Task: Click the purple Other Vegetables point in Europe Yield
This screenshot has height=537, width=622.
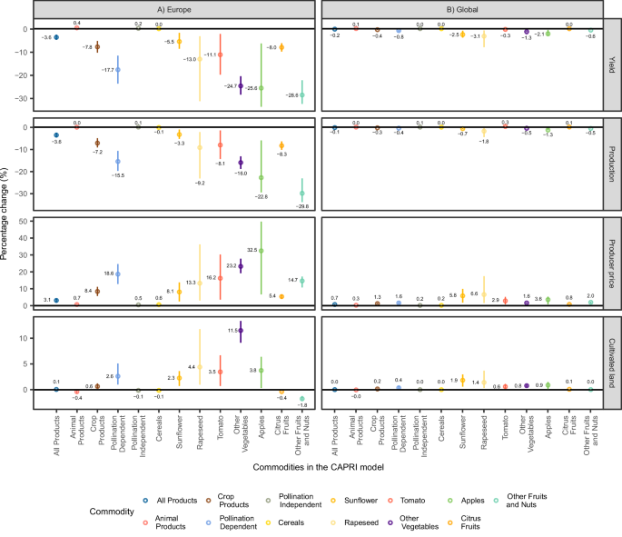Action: point(241,85)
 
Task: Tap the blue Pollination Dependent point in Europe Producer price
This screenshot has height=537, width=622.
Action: point(117,273)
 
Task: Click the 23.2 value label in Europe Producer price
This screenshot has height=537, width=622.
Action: point(228,266)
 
